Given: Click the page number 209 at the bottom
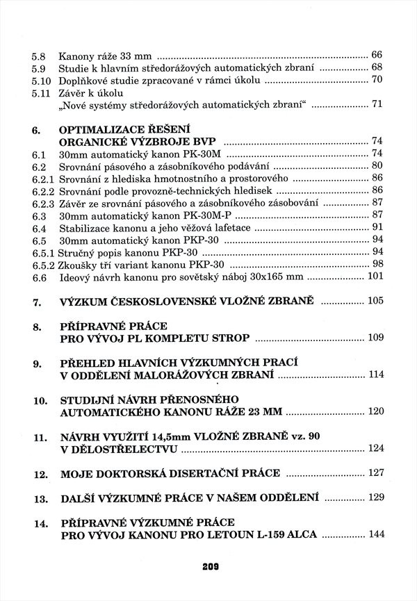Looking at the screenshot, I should [x=208, y=567].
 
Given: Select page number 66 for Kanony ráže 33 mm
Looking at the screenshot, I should [x=377, y=55].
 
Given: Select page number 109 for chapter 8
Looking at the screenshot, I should [x=375, y=338].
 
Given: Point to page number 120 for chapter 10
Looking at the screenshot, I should [x=375, y=412].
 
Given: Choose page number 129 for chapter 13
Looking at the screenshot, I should [x=375, y=498].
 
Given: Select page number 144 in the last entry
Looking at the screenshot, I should [x=375, y=535].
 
